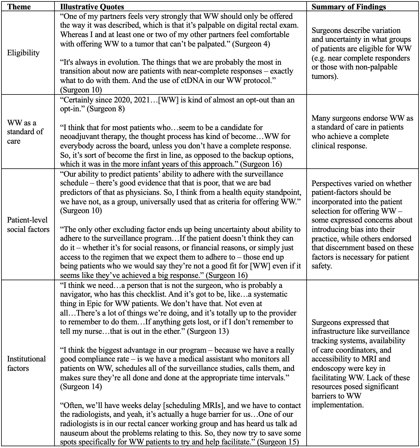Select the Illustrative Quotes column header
[x=92, y=7]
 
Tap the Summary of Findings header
[x=348, y=7]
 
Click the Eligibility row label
[x=23, y=53]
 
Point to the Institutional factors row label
[x=26, y=364]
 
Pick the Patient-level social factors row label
[x=28, y=225]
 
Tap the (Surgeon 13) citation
[x=208, y=331]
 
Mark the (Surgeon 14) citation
[x=81, y=386]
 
